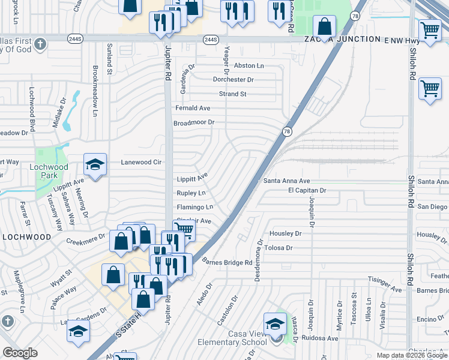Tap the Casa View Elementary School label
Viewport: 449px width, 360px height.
point(232,338)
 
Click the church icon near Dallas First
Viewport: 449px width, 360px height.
point(40,44)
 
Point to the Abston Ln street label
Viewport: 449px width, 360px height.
point(249,65)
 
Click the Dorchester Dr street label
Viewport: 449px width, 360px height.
point(234,79)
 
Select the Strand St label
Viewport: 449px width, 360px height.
point(232,94)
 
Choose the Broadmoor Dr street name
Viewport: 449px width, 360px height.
point(194,122)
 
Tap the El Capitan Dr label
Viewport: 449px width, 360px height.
point(307,190)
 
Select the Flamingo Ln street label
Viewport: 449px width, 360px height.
point(194,207)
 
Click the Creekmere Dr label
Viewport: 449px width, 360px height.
point(86,238)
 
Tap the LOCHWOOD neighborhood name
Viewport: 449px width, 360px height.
point(26,237)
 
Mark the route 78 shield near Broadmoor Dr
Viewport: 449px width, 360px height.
point(287,131)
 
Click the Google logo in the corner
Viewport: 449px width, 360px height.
point(20,352)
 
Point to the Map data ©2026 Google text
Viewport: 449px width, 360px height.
point(412,355)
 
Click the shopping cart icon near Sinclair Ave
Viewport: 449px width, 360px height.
point(184,230)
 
